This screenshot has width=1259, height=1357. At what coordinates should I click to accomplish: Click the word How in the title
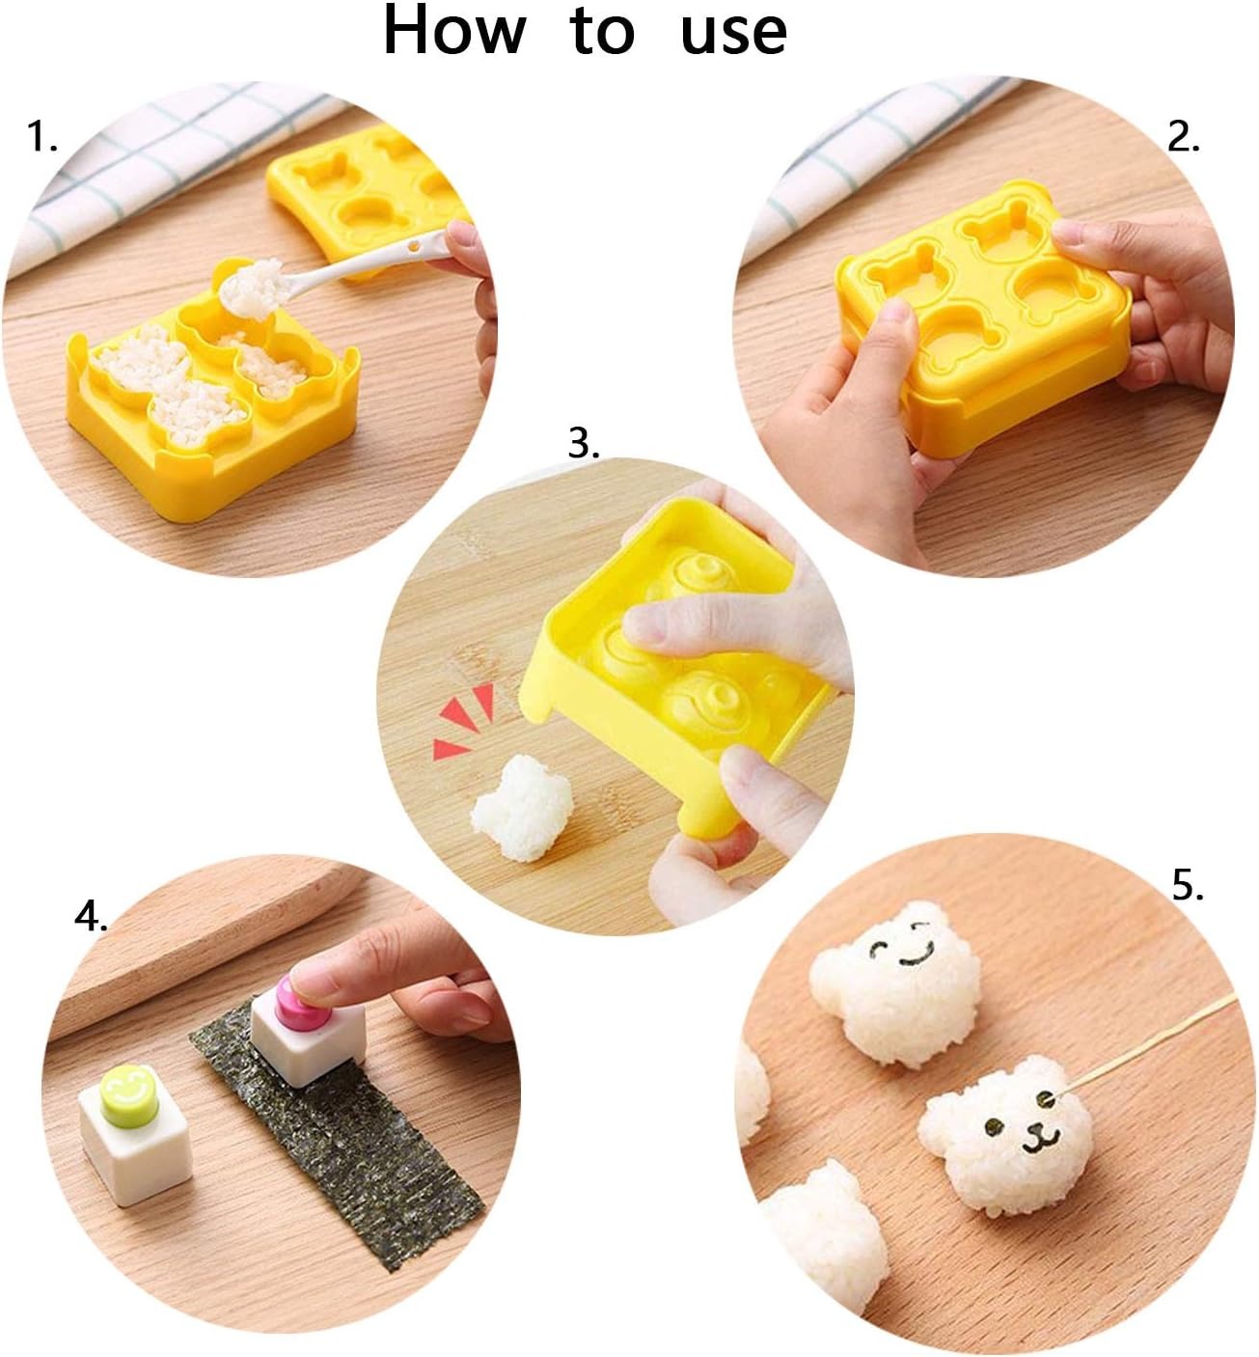click(454, 31)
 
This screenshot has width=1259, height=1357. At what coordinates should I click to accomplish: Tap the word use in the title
click(733, 34)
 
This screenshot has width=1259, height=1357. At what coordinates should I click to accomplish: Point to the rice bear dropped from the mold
click(521, 806)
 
